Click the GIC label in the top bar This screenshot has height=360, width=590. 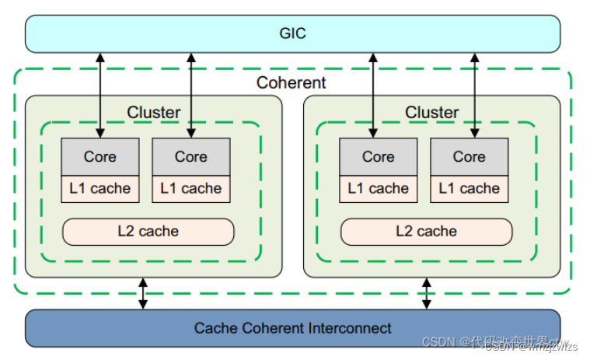[292, 33]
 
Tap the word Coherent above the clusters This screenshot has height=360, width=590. [292, 82]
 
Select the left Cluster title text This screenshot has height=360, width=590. [153, 112]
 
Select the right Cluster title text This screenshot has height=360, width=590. [431, 112]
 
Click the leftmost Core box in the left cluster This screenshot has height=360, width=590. [100, 156]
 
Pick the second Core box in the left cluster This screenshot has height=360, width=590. [190, 156]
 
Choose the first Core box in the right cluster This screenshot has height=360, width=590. [379, 156]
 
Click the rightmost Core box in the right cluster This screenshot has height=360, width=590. [469, 156]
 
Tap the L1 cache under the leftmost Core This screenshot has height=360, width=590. [100, 188]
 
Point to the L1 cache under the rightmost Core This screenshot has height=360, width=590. [469, 188]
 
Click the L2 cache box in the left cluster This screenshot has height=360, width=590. [148, 231]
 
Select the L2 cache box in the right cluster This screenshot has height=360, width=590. [426, 231]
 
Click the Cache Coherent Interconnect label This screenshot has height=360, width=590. [292, 327]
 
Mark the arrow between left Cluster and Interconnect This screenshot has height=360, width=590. [143, 293]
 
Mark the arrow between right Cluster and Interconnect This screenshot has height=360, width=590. [426, 293]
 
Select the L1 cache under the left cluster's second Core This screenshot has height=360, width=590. [190, 188]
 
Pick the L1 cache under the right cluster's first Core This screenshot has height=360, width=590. [379, 188]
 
